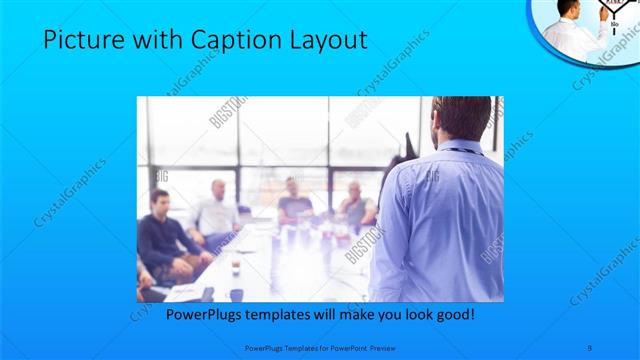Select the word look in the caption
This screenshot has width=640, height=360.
tap(411, 315)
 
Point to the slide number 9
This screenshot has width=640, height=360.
tap(591, 348)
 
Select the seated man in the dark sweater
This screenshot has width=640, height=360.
tap(157, 234)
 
